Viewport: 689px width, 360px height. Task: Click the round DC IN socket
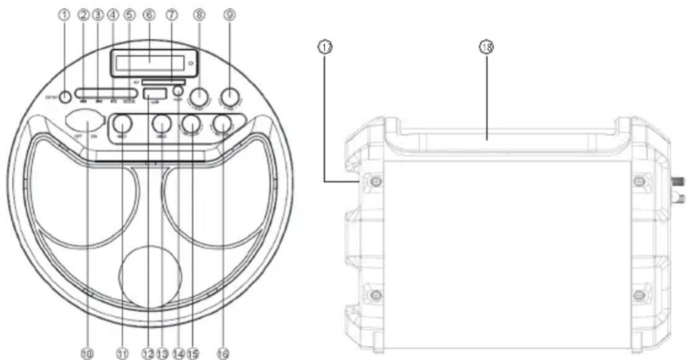(x=65, y=97)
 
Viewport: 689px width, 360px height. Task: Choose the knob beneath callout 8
(x=199, y=96)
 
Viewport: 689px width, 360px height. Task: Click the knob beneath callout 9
(x=229, y=96)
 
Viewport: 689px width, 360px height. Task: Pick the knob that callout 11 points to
(x=122, y=123)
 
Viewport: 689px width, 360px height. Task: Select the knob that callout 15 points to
(x=192, y=123)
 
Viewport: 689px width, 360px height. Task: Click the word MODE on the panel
(x=129, y=103)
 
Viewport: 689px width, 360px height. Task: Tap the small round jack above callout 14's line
(x=178, y=91)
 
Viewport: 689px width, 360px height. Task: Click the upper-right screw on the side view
(x=640, y=181)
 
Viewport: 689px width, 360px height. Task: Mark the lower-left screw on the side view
(x=376, y=294)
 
